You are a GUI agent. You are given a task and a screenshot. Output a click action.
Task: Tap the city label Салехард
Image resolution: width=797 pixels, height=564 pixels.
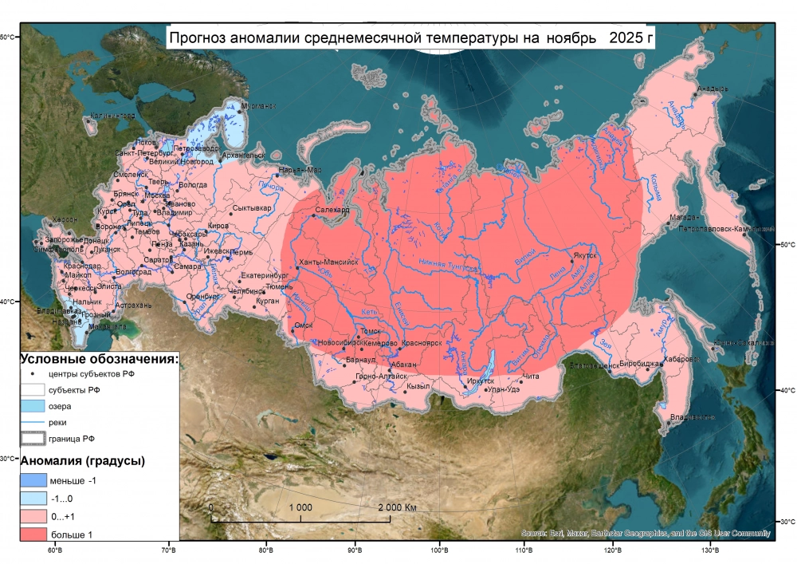click(x=333, y=211)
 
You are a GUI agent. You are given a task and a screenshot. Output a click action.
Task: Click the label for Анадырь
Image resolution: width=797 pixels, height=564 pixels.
click(x=713, y=89)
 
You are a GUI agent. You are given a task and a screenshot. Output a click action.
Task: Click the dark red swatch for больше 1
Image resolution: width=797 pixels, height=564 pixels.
click(x=32, y=534)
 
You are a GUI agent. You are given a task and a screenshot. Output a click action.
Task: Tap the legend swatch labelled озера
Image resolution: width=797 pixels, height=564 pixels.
click(x=32, y=406)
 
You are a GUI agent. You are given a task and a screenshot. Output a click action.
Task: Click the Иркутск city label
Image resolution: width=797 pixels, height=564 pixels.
click(x=481, y=381)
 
